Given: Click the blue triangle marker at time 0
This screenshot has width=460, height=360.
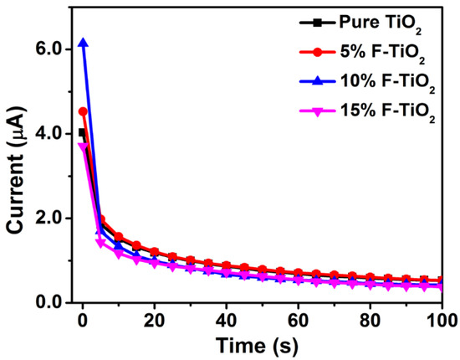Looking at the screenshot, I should pyautogui.click(x=82, y=43).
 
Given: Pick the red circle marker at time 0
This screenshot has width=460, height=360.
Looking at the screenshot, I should pyautogui.click(x=82, y=111).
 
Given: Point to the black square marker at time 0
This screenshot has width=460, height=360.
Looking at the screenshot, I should pyautogui.click(x=82, y=132).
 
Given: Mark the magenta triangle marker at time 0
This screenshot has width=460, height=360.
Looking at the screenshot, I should pyautogui.click(x=82, y=147).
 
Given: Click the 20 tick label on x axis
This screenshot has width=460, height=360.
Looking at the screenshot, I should pyautogui.click(x=154, y=320).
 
